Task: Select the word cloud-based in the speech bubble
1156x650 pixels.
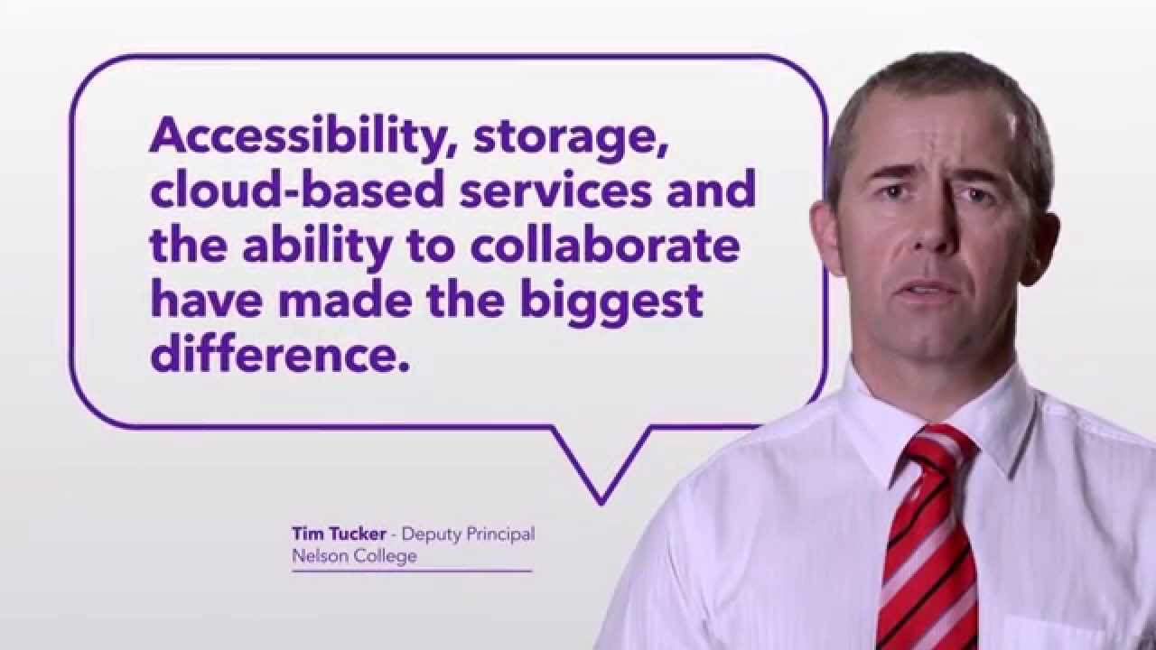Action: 297,190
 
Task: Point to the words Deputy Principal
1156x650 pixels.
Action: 468,534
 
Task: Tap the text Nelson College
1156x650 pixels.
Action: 354,556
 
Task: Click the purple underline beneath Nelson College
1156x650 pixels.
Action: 412,571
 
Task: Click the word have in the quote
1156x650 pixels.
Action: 207,301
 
